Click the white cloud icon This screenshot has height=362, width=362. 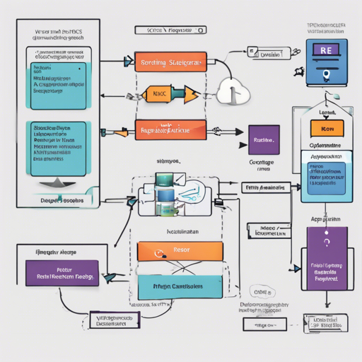[233, 90]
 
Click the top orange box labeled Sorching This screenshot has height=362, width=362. [170, 62]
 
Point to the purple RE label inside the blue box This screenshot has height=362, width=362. [327, 52]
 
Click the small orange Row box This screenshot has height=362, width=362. [327, 129]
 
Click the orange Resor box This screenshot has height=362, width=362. [180, 251]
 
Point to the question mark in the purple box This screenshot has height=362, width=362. [327, 244]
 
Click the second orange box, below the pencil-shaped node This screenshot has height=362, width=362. [170, 130]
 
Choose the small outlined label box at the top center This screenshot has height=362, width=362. [172, 31]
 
